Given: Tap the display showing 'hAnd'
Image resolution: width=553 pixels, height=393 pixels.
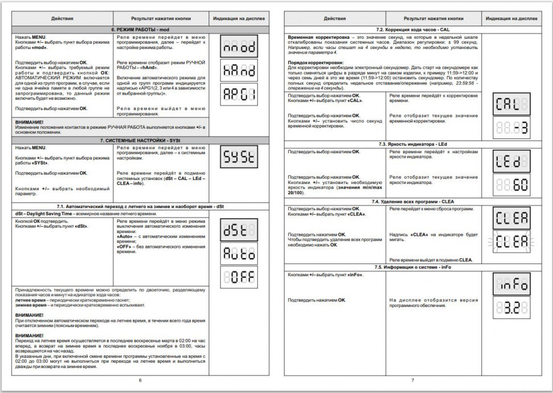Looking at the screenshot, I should [x=239, y=71].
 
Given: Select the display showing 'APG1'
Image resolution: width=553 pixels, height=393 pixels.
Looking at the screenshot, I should [x=239, y=94].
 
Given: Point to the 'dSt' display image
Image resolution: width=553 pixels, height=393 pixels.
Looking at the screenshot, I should [x=239, y=229].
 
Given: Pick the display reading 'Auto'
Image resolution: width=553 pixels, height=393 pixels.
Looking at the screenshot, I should [x=239, y=253].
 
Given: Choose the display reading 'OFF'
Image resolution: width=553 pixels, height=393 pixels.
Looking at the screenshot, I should [x=239, y=277].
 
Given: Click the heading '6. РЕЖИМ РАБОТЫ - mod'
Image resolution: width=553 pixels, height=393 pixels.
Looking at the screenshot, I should [x=140, y=28].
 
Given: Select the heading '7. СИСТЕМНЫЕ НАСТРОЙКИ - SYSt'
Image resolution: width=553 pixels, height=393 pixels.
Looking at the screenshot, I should [x=140, y=139].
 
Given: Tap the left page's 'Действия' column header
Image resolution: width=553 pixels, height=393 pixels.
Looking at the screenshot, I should [x=62, y=18].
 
